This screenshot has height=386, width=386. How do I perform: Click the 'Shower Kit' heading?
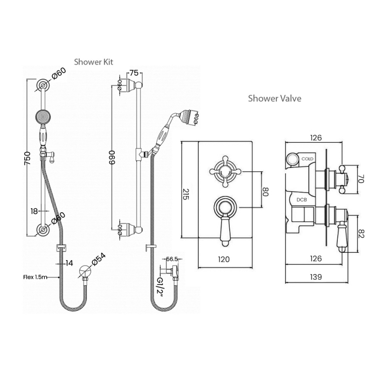(x=94, y=62)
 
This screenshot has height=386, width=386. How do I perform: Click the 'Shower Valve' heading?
(x=275, y=98)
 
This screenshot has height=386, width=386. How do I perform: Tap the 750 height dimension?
(x=28, y=160)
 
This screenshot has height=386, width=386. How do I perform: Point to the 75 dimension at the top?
(x=134, y=73)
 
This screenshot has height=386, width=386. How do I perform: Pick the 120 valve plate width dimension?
(x=223, y=259)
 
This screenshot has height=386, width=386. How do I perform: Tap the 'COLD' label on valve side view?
(x=307, y=158)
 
